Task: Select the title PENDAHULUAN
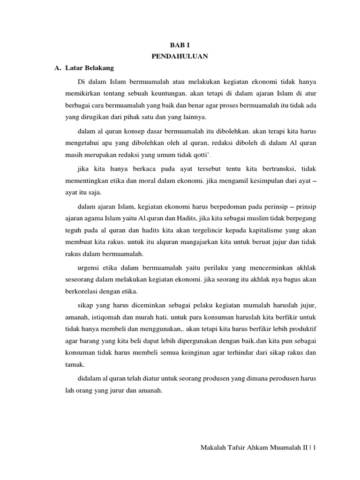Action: pos(180,57)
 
